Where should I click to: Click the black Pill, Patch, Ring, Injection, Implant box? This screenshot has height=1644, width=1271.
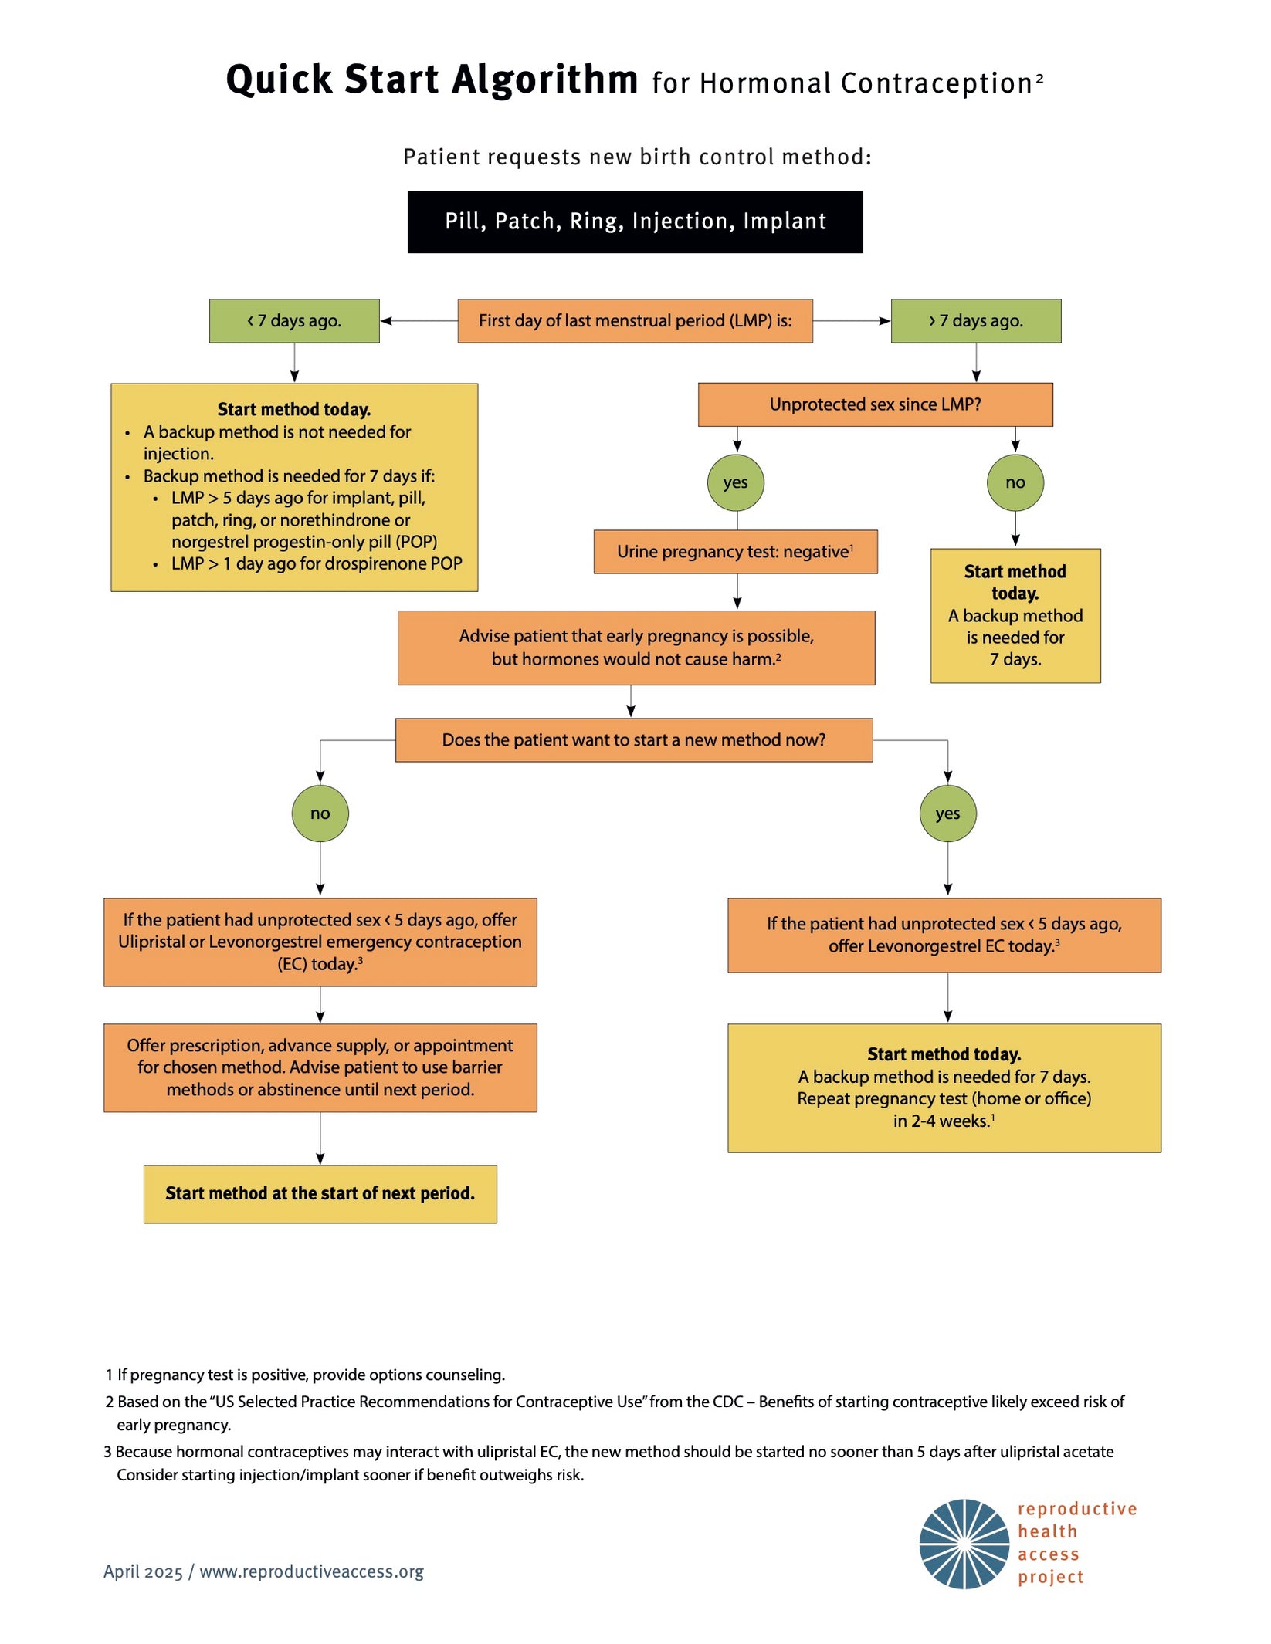pyautogui.click(x=635, y=222)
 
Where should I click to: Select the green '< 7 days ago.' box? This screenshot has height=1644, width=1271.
pyautogui.click(x=294, y=321)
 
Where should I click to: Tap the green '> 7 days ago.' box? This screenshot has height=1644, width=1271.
pyautogui.click(x=975, y=321)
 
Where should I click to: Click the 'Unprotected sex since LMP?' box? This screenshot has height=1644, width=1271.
pyautogui.click(x=875, y=404)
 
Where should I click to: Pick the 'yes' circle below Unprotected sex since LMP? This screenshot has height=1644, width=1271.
pyautogui.click(x=735, y=482)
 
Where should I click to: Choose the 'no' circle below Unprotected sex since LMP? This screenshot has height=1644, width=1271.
pyautogui.click(x=1015, y=482)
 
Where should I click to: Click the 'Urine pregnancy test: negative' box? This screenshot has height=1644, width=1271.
pyautogui.click(x=735, y=552)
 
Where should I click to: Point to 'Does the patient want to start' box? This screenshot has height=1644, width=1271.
pyautogui.click(x=634, y=740)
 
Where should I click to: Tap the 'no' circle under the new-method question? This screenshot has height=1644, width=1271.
pyautogui.click(x=320, y=814)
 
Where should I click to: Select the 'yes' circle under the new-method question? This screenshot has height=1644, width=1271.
pyautogui.click(x=947, y=814)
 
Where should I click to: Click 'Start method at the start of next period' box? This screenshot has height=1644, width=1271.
pyautogui.click(x=320, y=1194)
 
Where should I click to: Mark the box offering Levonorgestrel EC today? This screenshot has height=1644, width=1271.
pyautogui.click(x=944, y=935)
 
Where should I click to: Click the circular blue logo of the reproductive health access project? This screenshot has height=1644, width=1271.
pyautogui.click(x=964, y=1544)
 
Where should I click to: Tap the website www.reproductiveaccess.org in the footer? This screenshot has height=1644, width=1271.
pyautogui.click(x=311, y=1572)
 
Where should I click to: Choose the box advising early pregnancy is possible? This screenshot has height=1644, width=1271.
pyautogui.click(x=636, y=648)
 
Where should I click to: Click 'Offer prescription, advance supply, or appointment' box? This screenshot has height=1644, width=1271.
pyautogui.click(x=320, y=1067)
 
